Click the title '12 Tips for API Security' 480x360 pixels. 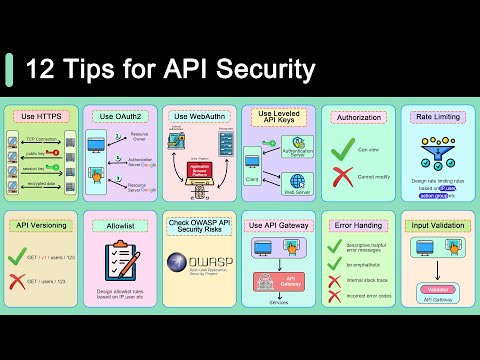point(170,69)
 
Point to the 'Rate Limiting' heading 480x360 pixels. point(436,116)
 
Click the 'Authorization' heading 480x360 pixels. point(357,116)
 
